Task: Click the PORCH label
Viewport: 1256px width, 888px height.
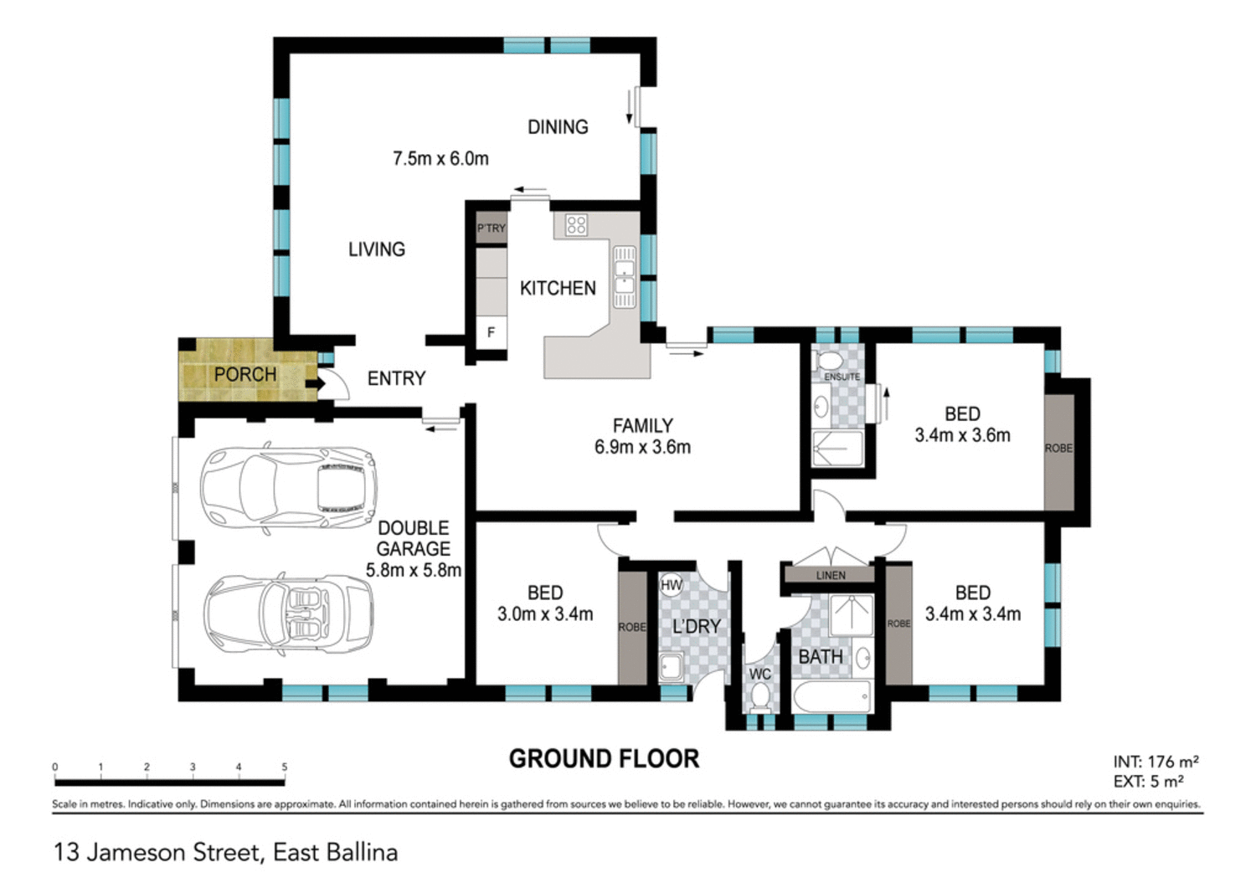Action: [245, 374]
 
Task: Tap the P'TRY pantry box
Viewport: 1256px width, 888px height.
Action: [492, 228]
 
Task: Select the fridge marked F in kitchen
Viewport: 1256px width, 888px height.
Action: [492, 332]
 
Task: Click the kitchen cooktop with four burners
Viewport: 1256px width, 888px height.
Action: [576, 224]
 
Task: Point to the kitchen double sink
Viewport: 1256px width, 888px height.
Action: [624, 277]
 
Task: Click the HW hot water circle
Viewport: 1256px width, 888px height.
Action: [672, 585]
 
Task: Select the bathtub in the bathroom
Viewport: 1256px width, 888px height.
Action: [832, 696]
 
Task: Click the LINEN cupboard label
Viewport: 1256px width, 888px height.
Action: [831, 575]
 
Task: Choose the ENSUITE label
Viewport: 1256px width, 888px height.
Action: [842, 377]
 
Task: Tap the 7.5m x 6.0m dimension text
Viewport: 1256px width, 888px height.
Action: [440, 158]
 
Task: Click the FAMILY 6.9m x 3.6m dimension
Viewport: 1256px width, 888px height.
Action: [642, 447]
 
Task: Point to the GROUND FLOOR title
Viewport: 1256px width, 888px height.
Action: [604, 759]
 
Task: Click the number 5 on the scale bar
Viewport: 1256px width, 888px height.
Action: [284, 767]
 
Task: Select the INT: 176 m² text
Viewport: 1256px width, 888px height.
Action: [1156, 762]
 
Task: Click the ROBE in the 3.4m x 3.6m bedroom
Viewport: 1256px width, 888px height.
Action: [1058, 449]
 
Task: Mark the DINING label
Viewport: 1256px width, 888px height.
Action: [558, 127]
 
